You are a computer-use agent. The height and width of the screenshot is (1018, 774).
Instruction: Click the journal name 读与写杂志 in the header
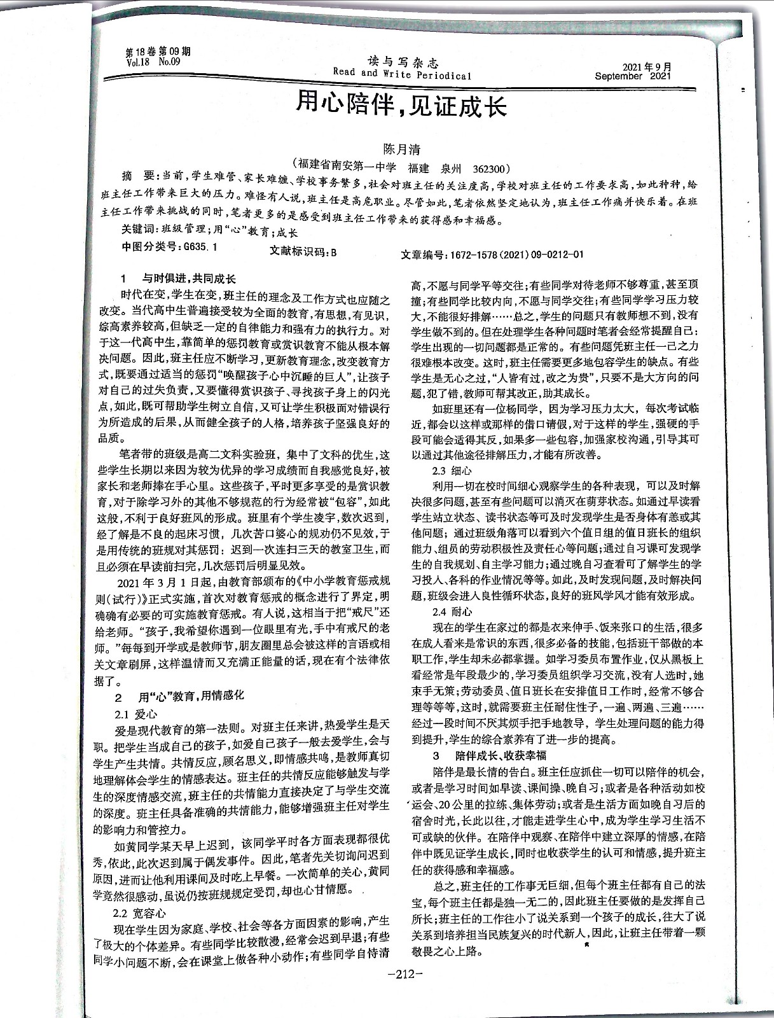(x=403, y=62)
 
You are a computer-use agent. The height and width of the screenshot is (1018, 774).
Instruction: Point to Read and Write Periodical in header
(x=402, y=74)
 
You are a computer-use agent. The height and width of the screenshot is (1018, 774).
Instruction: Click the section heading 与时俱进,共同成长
(x=188, y=279)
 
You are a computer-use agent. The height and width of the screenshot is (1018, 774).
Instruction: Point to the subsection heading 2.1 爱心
(x=135, y=714)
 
